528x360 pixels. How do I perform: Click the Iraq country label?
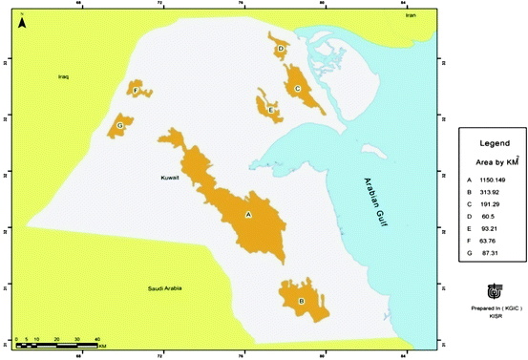click(64, 75)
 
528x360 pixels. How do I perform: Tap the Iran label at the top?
click(411, 15)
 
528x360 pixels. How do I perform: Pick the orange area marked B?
click(300, 298)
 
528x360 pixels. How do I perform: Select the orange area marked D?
click(281, 50)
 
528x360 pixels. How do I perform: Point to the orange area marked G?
click(121, 125)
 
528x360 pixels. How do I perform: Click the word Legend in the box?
click(489, 142)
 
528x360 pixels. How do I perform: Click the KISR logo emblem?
click(492, 289)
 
